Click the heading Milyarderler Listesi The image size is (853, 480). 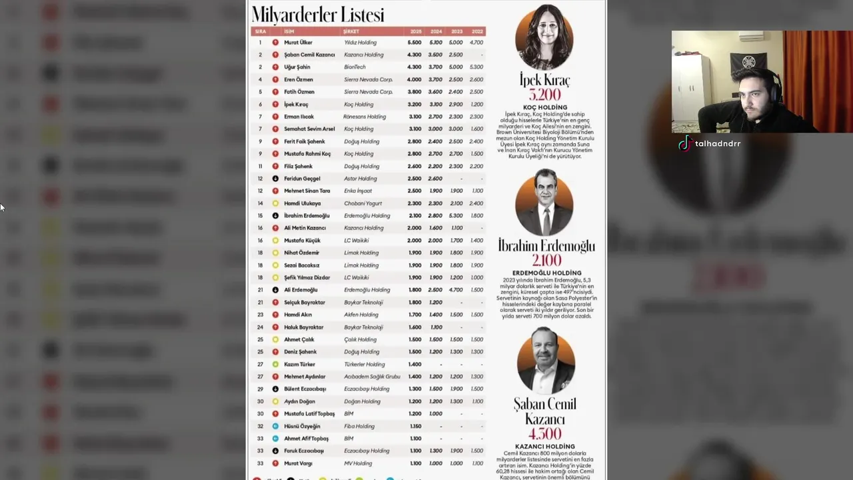click(x=318, y=15)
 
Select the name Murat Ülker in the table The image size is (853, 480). click(x=298, y=43)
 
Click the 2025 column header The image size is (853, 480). click(x=415, y=31)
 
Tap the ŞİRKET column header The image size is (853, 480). click(x=351, y=31)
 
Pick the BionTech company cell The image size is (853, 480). click(x=355, y=67)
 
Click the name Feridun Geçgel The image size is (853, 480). click(x=302, y=179)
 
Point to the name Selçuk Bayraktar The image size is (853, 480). click(x=304, y=303)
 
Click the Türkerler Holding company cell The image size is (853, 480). click(x=364, y=365)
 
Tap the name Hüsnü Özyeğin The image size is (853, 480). click(x=302, y=427)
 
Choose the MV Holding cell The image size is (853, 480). click(x=358, y=463)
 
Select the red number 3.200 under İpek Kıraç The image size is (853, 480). click(x=544, y=95)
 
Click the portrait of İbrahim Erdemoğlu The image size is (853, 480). click(x=544, y=202)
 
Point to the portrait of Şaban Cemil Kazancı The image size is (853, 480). click(x=545, y=361)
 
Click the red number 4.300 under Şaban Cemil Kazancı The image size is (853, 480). click(x=544, y=434)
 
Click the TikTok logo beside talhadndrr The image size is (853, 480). click(x=684, y=143)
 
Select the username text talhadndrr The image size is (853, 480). click(x=718, y=144)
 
